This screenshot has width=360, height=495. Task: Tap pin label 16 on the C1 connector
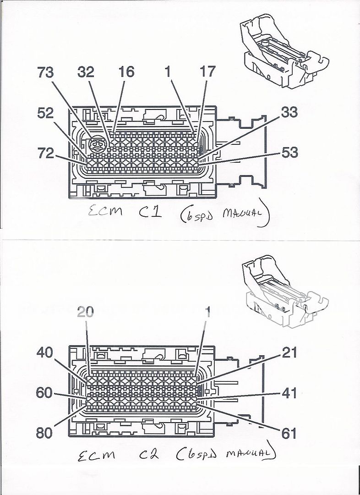pyautogui.click(x=126, y=72)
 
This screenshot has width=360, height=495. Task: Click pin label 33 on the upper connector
pyautogui.click(x=289, y=112)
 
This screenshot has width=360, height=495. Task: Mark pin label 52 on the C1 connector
pyautogui.click(x=45, y=113)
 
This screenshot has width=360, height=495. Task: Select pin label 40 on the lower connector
pyautogui.click(x=45, y=352)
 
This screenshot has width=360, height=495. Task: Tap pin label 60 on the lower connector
pyautogui.click(x=45, y=393)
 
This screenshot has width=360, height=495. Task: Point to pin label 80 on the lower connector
pyautogui.click(x=45, y=433)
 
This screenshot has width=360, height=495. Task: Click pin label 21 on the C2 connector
pyautogui.click(x=289, y=352)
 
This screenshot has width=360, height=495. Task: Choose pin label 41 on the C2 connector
pyautogui.click(x=289, y=393)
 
